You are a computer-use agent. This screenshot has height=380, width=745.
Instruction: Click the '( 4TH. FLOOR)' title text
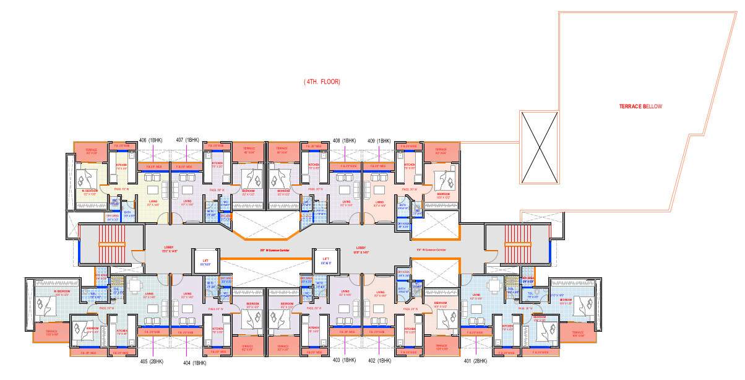(322, 82)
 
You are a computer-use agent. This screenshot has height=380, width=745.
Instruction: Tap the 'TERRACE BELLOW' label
(640, 106)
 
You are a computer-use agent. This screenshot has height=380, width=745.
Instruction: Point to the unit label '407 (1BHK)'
(187, 140)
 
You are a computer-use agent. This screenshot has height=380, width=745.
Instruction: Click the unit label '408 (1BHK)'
(345, 140)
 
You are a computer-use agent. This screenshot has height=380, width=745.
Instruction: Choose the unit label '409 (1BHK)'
(379, 140)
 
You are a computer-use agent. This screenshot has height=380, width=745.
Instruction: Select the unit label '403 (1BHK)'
(345, 360)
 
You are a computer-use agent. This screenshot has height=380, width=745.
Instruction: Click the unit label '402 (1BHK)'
(381, 360)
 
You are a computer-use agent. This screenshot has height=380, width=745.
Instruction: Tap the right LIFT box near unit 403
(325, 259)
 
